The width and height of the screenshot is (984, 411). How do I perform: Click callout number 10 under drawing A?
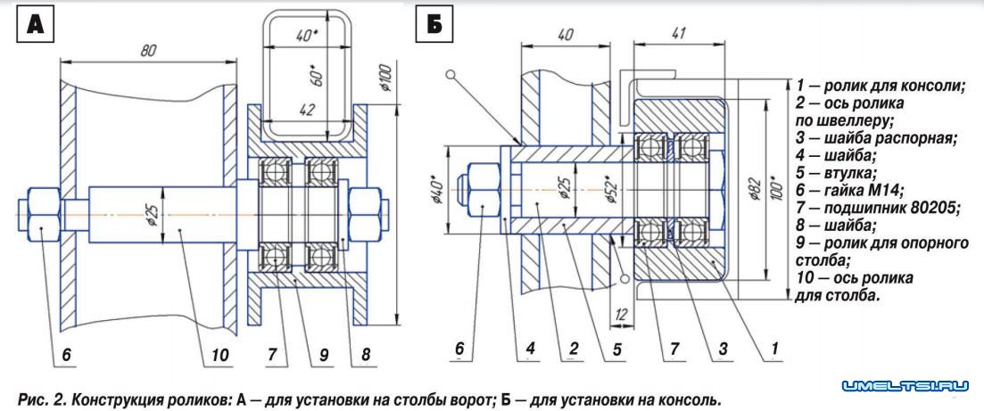(x=219, y=355)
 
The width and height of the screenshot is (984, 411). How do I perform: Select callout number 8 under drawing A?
(x=366, y=355)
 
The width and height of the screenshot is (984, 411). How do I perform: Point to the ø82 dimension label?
(x=751, y=186)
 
